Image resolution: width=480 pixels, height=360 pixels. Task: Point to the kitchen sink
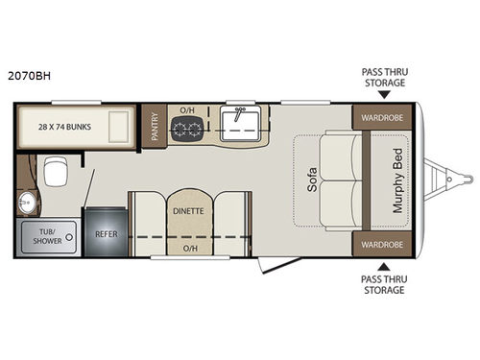(236, 124)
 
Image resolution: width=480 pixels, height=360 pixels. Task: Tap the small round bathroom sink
(24, 203)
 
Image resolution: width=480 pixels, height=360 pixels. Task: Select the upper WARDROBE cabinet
(381, 118)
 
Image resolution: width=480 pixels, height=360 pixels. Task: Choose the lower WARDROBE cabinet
(381, 244)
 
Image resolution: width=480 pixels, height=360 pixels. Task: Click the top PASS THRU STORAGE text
(383, 77)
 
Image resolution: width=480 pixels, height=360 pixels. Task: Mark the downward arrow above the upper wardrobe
(383, 95)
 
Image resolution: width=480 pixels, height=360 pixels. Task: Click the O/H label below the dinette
(190, 250)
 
